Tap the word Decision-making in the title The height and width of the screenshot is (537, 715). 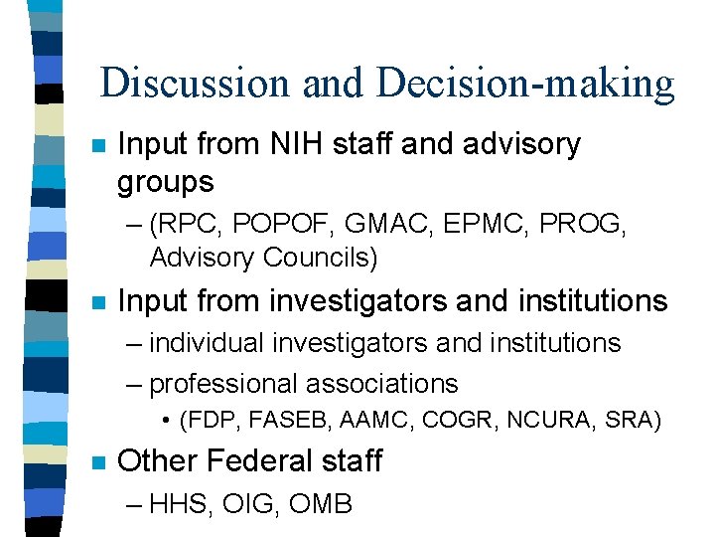pyautogui.click(x=525, y=83)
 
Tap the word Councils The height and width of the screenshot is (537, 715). pyautogui.click(x=321, y=258)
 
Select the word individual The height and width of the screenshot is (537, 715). pyautogui.click(x=208, y=343)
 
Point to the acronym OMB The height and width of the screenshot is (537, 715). pyautogui.click(x=321, y=504)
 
